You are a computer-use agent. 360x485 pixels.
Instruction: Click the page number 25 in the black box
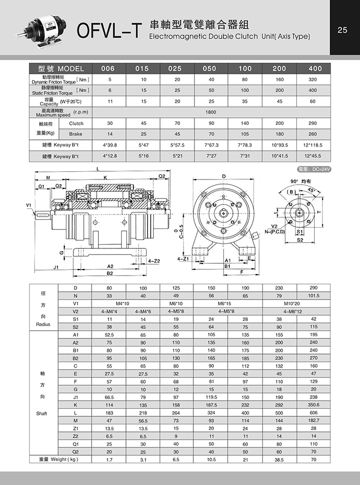(343, 30)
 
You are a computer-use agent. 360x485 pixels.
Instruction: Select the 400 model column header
(315, 68)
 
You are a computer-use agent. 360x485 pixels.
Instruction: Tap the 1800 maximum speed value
(210, 112)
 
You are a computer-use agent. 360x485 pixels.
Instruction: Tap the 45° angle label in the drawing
(311, 190)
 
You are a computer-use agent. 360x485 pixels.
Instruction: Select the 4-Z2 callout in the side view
(154, 261)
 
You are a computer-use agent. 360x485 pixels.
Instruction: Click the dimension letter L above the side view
(98, 170)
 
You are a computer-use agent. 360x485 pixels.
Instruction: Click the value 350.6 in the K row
(313, 405)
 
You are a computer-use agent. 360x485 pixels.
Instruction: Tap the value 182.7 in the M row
(313, 420)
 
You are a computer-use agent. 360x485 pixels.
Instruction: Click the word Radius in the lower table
(44, 325)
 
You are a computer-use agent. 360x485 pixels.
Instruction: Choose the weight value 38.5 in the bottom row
(279, 459)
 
